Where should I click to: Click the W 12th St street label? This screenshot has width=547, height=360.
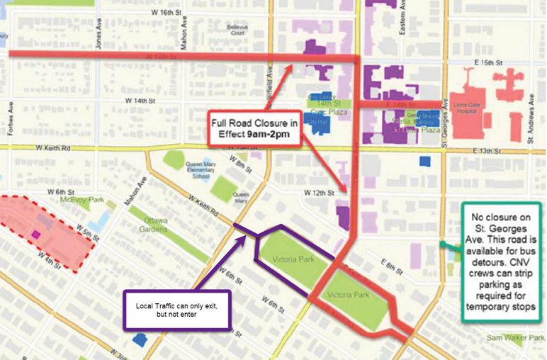pos(318,193)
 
